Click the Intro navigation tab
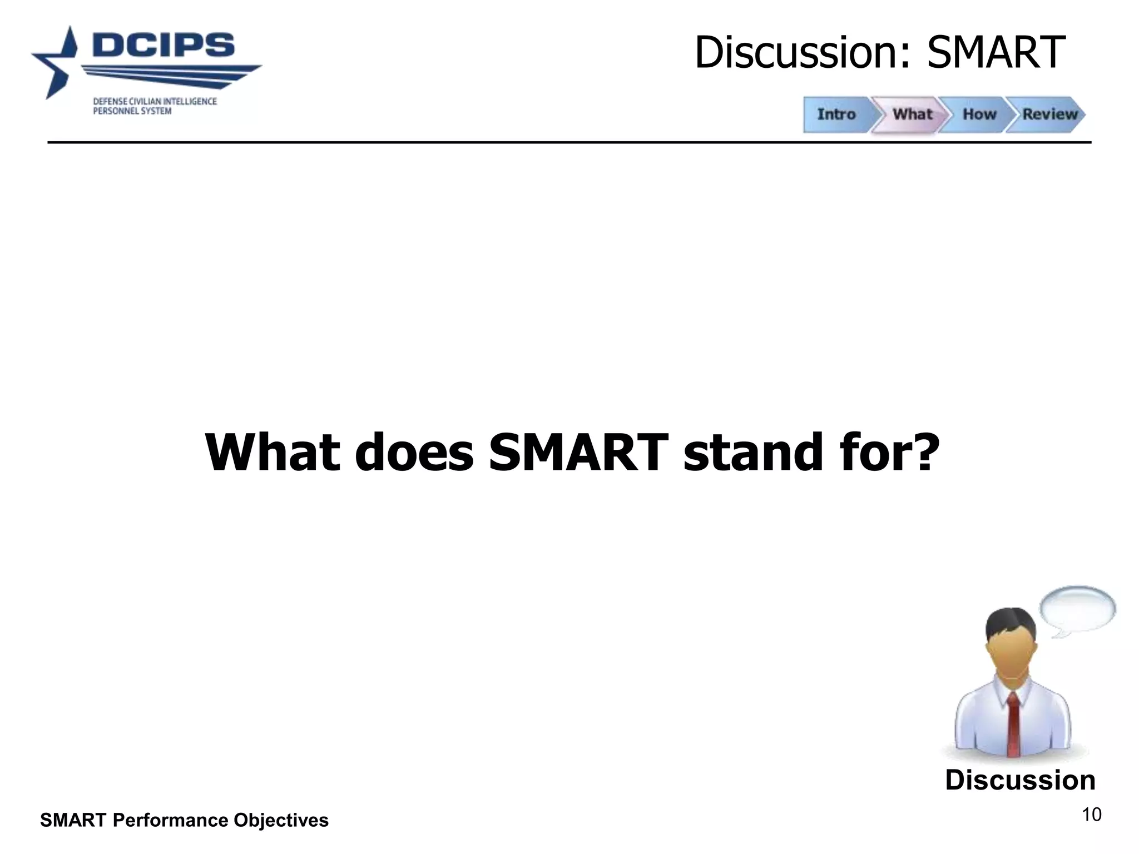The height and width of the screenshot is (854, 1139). [x=836, y=114]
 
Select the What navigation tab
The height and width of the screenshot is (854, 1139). [x=912, y=114]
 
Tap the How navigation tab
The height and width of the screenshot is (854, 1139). [x=979, y=114]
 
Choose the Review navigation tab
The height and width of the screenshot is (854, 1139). [x=1049, y=114]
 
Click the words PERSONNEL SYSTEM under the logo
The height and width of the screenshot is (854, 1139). [x=132, y=111]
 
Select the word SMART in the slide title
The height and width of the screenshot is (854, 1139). [x=995, y=53]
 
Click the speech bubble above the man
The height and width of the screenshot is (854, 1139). [x=1077, y=609]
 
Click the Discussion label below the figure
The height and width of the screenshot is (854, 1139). [x=1020, y=780]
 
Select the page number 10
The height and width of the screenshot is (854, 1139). [x=1091, y=815]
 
